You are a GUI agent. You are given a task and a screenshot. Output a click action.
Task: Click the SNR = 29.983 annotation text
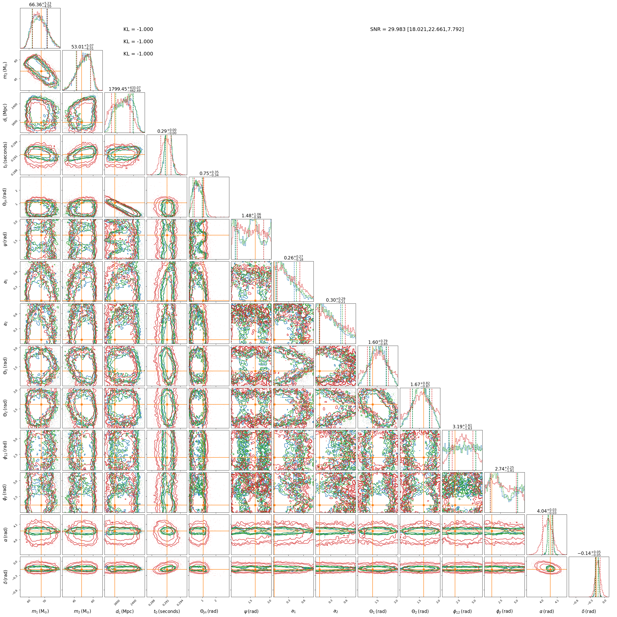coord(417,29)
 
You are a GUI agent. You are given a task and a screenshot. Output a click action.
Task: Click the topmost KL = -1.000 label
coord(138,29)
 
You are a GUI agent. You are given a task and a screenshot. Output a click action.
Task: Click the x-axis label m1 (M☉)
coord(40,611)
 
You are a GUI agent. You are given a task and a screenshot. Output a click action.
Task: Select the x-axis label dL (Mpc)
coord(125,611)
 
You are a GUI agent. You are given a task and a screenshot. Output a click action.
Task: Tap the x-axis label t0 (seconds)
coord(167,611)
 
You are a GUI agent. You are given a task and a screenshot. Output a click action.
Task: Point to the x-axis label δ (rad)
coord(589,611)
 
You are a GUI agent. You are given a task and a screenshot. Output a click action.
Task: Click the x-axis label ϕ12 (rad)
coord(462,611)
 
